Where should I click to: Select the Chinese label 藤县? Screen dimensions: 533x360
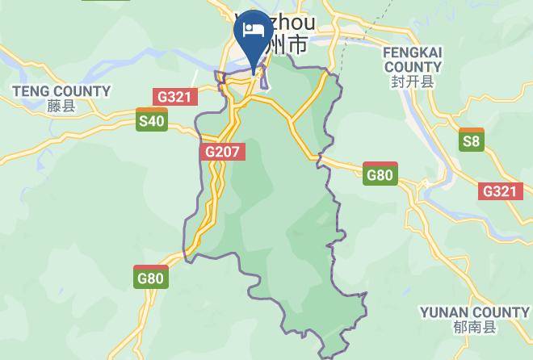tap(61, 106)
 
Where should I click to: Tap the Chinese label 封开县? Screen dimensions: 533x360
tap(413, 81)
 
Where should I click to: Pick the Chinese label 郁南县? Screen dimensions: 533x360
tap(475, 327)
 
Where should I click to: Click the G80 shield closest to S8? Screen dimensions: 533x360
tap(380, 174)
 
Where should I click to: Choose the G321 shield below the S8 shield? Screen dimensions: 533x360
tap(499, 191)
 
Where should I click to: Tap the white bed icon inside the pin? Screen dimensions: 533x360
tap(254, 30)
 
